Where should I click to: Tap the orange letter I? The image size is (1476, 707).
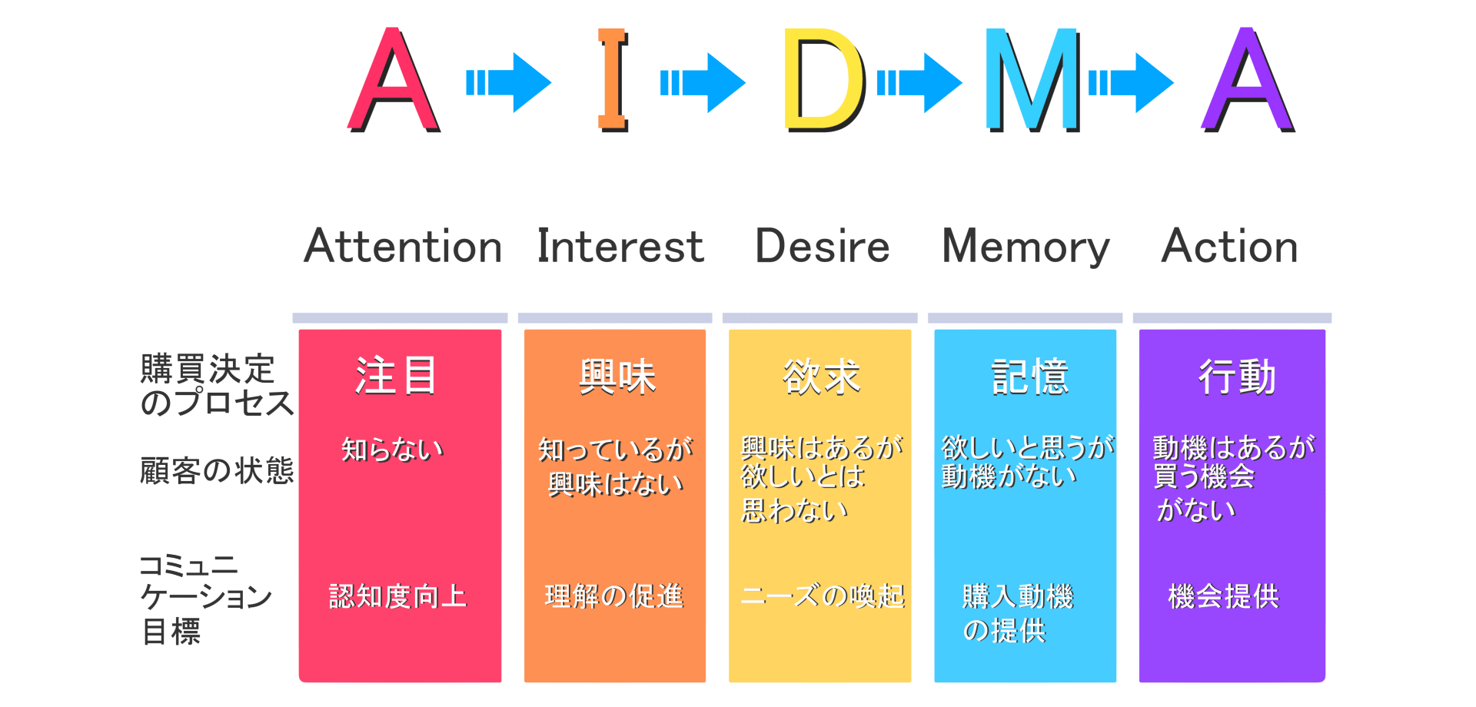click(613, 80)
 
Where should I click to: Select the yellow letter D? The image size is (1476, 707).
click(824, 80)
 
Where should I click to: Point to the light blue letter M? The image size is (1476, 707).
click(1033, 80)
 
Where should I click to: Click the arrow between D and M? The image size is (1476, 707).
click(919, 82)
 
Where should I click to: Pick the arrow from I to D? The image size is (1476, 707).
click(703, 82)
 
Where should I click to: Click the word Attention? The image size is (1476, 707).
click(403, 247)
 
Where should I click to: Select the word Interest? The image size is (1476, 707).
click(620, 247)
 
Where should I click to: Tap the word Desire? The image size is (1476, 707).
click(823, 247)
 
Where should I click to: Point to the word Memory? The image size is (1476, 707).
click(1026, 247)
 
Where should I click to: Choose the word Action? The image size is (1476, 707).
click(1230, 247)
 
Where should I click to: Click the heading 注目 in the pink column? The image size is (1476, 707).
click(396, 376)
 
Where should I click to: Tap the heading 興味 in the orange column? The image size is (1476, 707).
click(617, 377)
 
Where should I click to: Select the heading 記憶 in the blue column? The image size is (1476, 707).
click(1030, 377)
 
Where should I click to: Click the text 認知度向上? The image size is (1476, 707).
click(398, 596)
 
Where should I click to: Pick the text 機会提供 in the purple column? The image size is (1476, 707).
click(1224, 596)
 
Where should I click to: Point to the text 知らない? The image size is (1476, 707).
click(393, 449)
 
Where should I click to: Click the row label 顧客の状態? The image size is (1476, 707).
click(217, 470)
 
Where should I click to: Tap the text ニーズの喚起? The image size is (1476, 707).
click(823, 596)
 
